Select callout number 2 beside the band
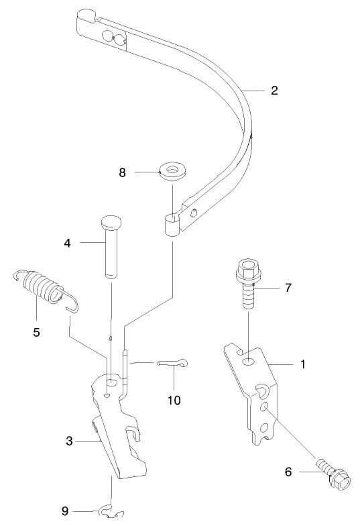tap(274, 91)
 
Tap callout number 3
tap(70, 441)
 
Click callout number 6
tap(289, 472)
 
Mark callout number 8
tap(123, 172)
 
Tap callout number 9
tap(66, 511)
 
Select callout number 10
tap(174, 400)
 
